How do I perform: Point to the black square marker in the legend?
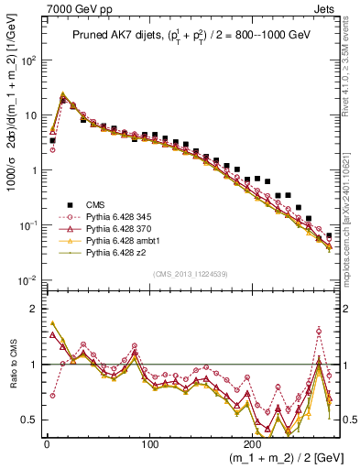coord(64,203)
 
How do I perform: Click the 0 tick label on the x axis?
coord(47,442)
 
